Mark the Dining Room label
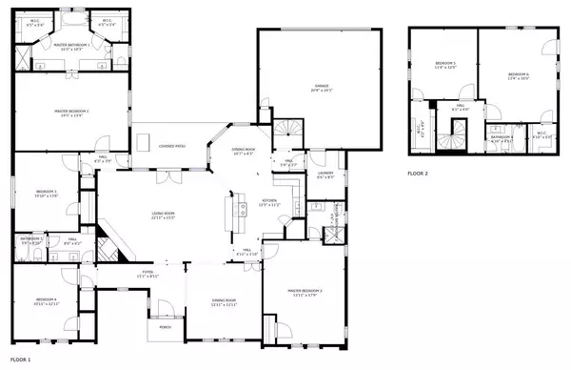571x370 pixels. [224, 302]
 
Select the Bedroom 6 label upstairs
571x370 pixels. [518, 75]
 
